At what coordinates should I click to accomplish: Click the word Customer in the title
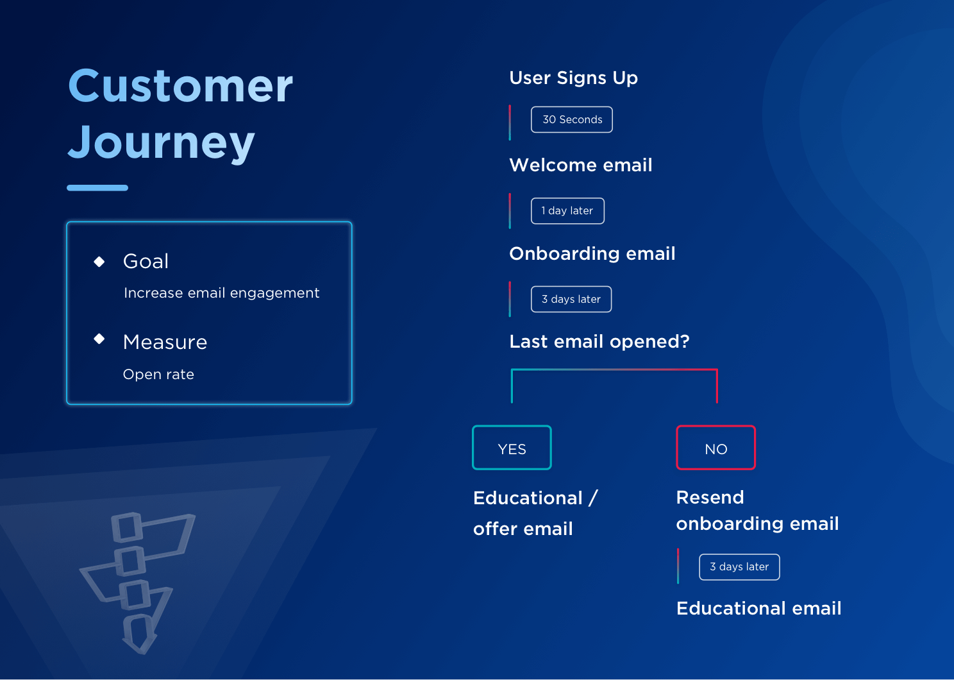[x=180, y=86]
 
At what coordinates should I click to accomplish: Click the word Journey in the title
[x=162, y=142]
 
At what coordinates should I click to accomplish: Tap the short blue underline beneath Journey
[x=97, y=188]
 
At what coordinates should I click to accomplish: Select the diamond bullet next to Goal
[x=99, y=262]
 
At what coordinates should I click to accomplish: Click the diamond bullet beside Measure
[x=99, y=339]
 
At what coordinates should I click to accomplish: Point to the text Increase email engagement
[x=221, y=293]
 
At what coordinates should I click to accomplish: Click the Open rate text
[x=158, y=375]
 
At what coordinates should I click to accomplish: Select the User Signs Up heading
[x=573, y=78]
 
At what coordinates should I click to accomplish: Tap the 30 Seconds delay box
[x=572, y=120]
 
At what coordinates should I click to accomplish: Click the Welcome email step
[x=580, y=166]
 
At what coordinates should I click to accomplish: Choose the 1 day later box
[x=567, y=211]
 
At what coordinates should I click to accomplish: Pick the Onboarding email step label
[x=592, y=254]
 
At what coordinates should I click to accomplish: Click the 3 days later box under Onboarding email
[x=571, y=300]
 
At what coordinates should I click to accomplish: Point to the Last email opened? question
[x=599, y=342]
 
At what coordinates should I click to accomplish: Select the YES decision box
[x=512, y=448]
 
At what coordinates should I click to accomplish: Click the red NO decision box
[x=715, y=448]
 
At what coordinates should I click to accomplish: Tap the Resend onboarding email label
[x=757, y=511]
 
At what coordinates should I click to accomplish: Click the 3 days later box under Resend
[x=739, y=567]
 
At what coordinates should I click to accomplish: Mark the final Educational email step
[x=758, y=609]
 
